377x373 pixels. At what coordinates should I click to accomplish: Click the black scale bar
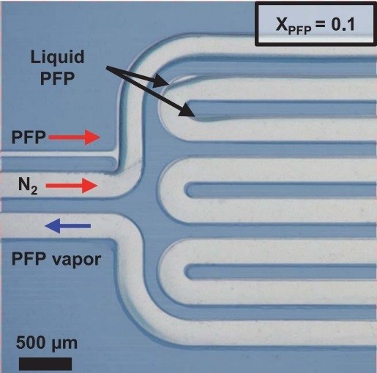(x=45, y=363)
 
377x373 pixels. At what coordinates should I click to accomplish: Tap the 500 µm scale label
(x=47, y=343)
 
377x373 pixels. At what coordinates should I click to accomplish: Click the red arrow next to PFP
(x=75, y=137)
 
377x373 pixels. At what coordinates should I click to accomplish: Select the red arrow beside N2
(x=72, y=186)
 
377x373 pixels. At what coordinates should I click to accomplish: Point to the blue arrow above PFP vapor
(x=68, y=226)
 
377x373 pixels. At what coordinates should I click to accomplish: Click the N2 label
(x=28, y=186)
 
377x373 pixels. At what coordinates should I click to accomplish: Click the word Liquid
(x=57, y=58)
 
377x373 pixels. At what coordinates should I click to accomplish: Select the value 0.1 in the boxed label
(x=343, y=24)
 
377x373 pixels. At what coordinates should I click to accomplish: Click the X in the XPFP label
(x=282, y=24)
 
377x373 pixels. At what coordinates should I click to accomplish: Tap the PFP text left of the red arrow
(x=29, y=137)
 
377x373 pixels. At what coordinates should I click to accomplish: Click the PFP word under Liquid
(x=57, y=78)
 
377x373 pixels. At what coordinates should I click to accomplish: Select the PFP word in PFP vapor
(x=29, y=259)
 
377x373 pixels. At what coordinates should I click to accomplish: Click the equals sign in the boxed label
(x=321, y=25)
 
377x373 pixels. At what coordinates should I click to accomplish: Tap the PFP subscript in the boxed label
(x=300, y=30)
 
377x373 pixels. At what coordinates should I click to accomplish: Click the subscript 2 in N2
(x=34, y=190)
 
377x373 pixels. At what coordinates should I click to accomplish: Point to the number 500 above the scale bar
(x=31, y=342)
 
